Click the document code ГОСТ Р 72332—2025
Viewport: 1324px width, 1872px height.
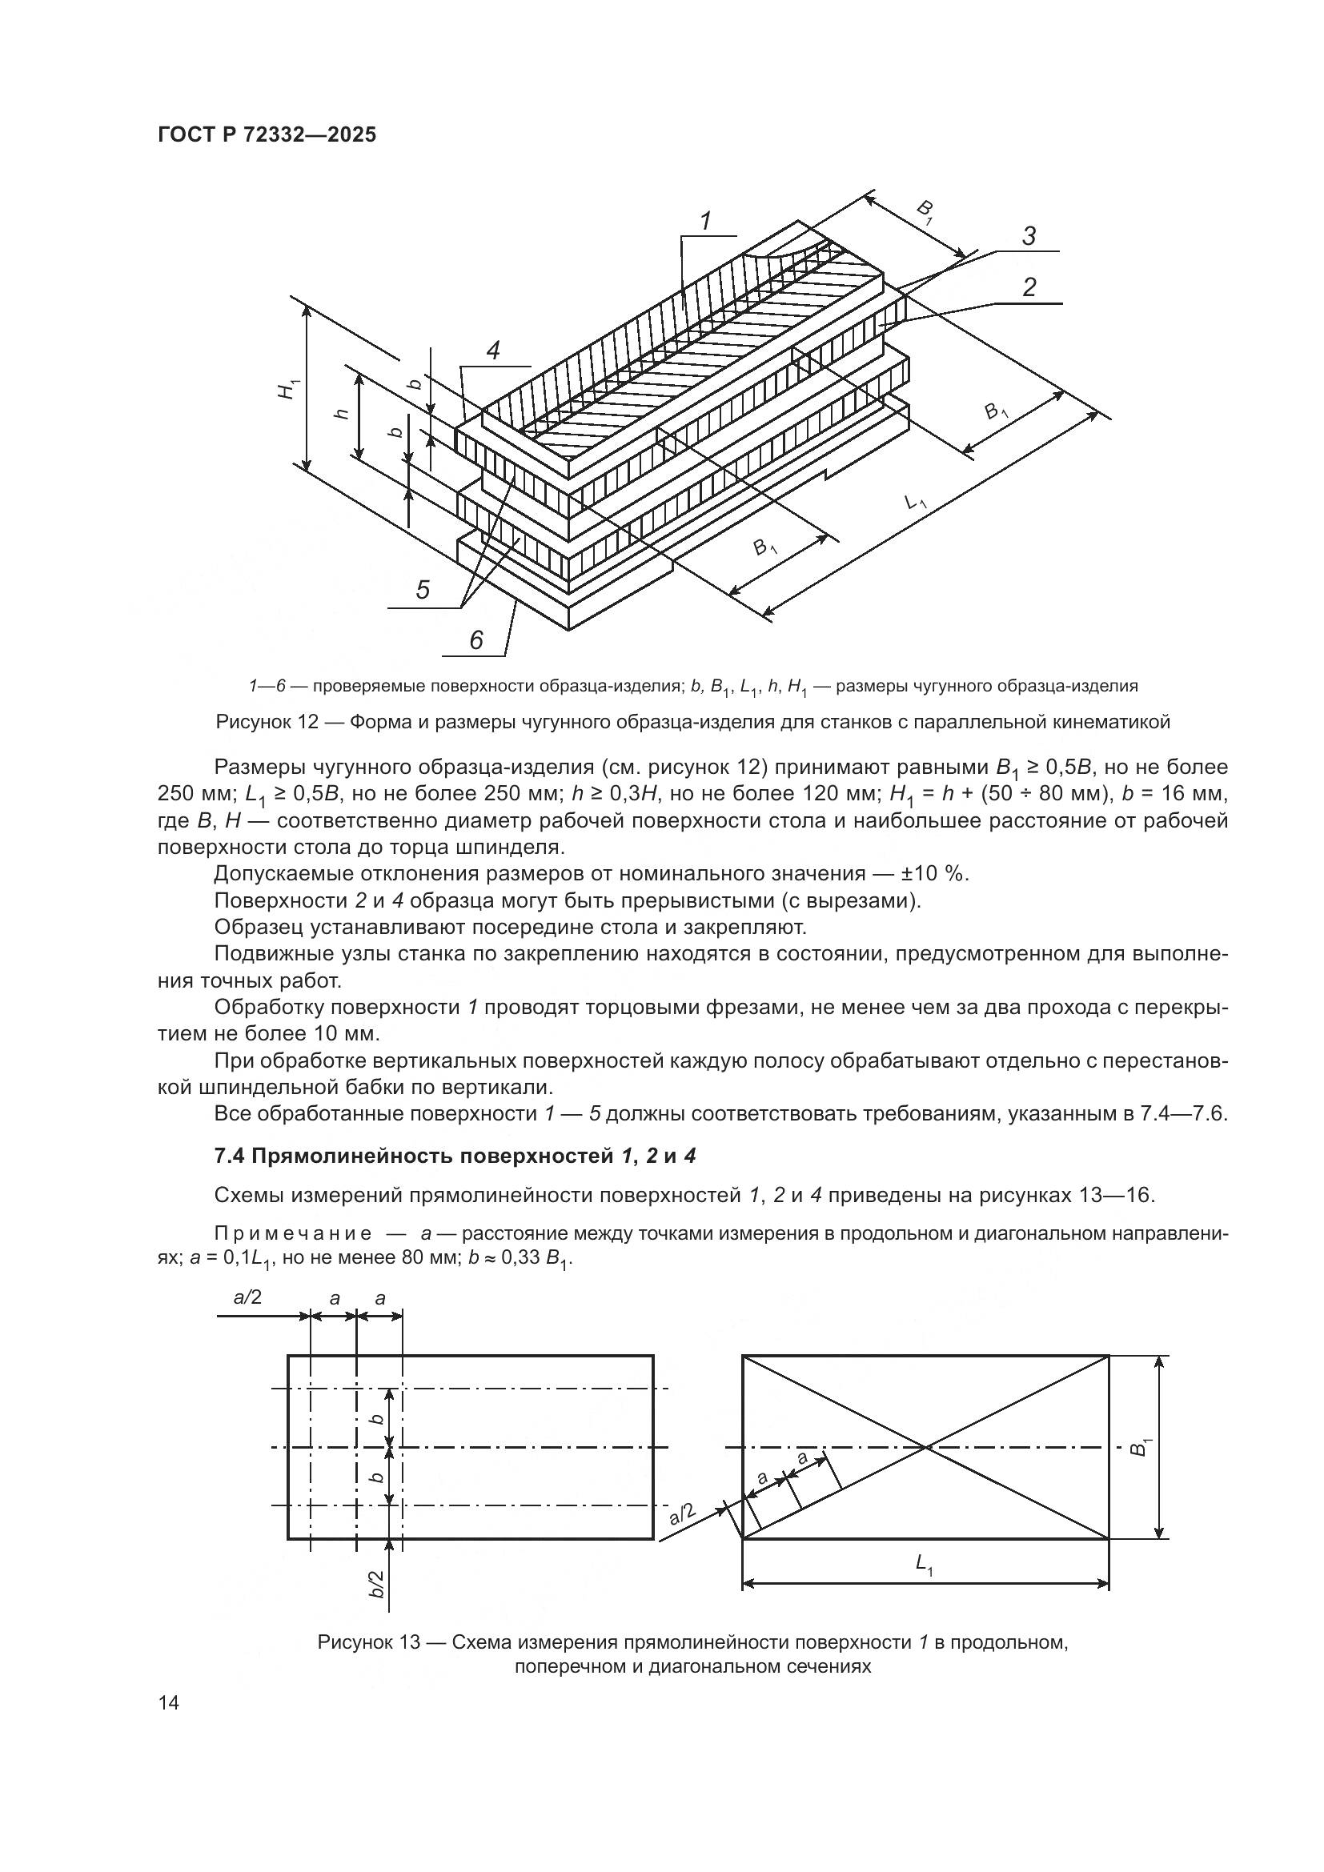point(267,135)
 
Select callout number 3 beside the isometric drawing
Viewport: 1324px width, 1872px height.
point(1029,236)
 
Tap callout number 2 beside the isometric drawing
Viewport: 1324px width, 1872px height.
point(1029,287)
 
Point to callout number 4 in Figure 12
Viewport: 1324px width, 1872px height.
point(492,351)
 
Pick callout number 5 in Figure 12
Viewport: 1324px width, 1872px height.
point(423,590)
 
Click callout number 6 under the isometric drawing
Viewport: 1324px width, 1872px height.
point(476,640)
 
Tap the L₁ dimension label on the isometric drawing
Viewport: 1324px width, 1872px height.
point(917,500)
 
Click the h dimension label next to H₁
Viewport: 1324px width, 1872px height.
point(342,412)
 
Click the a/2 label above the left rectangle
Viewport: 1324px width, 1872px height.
point(248,1297)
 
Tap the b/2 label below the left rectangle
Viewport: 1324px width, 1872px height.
point(377,1584)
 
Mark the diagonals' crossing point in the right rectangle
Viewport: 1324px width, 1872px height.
point(925,1447)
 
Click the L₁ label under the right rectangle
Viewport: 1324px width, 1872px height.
point(925,1564)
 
